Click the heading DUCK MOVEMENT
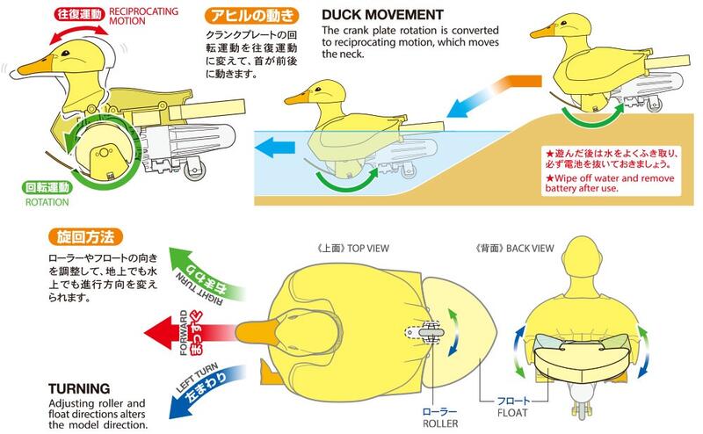point(381,15)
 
